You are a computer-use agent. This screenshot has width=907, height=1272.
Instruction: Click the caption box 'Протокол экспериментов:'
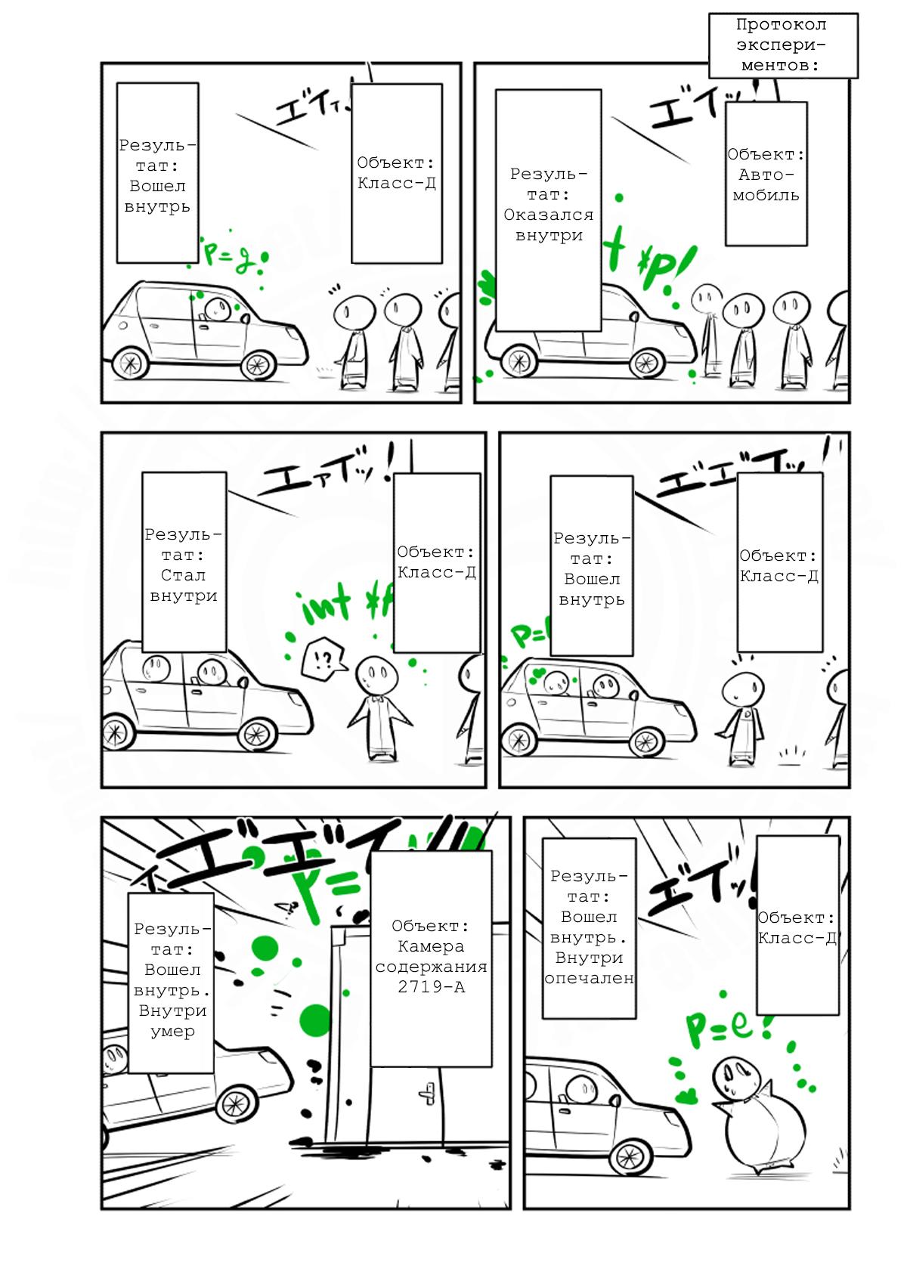(782, 45)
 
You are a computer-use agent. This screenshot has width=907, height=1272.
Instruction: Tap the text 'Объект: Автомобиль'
(766, 175)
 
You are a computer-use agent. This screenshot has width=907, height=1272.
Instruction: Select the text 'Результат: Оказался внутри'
(549, 205)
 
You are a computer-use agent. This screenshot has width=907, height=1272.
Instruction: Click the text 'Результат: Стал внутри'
(184, 565)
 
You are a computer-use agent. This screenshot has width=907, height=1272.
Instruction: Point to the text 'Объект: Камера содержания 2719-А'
(431, 956)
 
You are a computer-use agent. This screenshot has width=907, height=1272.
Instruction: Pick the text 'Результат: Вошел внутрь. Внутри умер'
(172, 980)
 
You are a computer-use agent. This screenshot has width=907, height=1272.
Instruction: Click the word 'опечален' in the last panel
(589, 978)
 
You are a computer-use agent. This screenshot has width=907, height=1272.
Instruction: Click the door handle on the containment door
(428, 1094)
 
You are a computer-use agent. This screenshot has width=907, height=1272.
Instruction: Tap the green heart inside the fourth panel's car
(538, 671)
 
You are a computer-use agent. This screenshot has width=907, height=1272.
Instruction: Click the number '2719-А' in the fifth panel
(431, 987)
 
